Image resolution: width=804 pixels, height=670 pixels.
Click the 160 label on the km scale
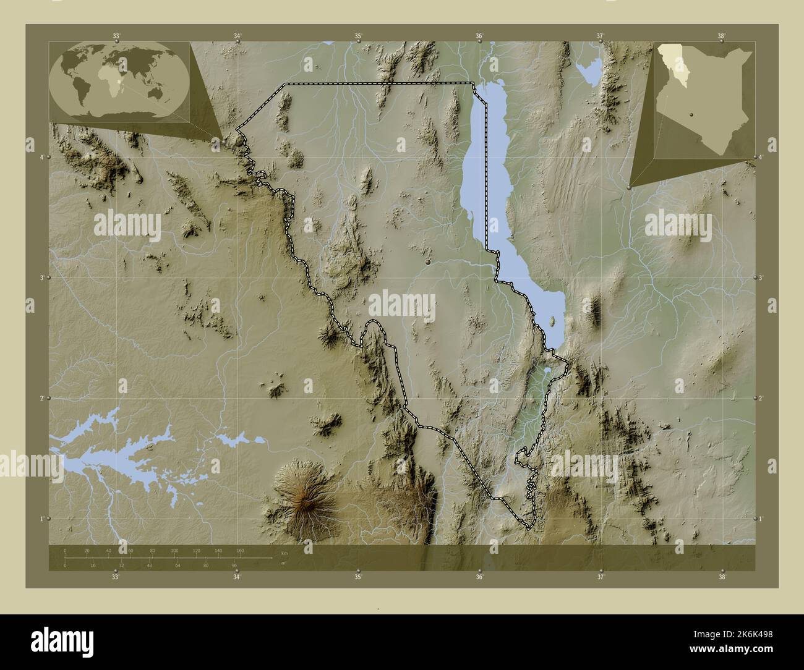coord(240,550)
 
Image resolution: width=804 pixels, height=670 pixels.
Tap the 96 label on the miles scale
coord(234,565)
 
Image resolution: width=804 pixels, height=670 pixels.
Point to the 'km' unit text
coord(284,553)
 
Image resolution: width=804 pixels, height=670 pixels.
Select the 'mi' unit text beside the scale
coord(283,562)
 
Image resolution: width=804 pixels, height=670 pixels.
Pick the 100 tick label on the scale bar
coord(174,550)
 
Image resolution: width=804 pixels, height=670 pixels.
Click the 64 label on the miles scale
coord(178,565)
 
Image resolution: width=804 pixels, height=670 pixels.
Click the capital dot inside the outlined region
coord(427,263)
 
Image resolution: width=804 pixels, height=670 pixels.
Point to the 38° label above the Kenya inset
coord(721,36)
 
